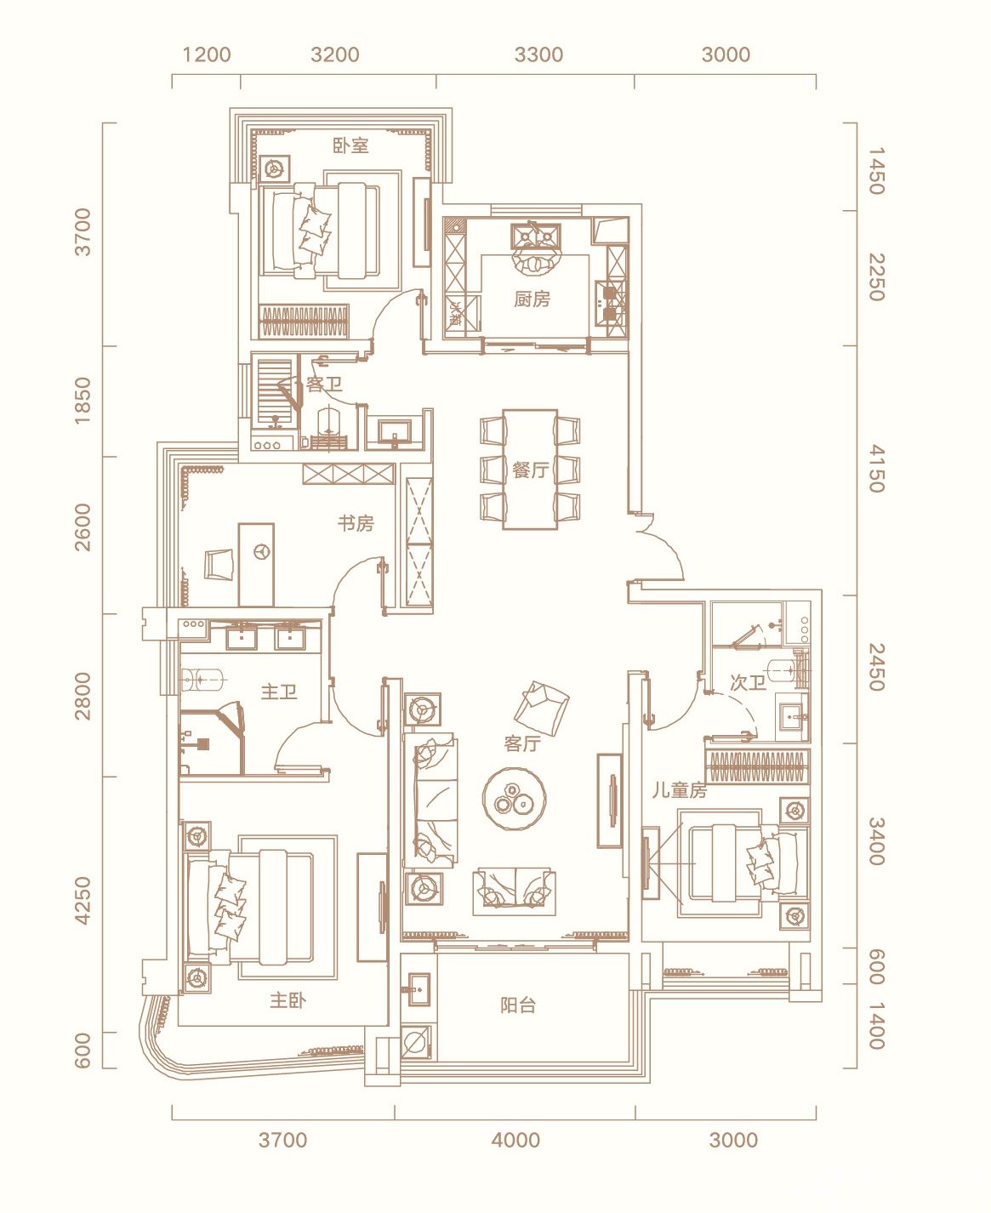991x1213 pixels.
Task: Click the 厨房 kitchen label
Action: click(x=532, y=299)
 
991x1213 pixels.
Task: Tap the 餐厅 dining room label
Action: click(x=530, y=470)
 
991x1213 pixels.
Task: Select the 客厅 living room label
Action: click(x=522, y=743)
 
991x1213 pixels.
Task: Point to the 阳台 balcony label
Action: click(x=518, y=1005)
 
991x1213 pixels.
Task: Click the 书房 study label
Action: click(x=356, y=523)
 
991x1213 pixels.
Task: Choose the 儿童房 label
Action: click(x=680, y=791)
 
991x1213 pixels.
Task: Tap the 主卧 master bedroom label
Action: click(x=288, y=1000)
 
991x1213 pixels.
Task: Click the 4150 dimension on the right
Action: click(x=875, y=469)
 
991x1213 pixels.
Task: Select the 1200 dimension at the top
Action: click(x=207, y=54)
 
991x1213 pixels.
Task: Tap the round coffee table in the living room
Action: click(x=514, y=799)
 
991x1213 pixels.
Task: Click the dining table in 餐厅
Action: click(x=530, y=469)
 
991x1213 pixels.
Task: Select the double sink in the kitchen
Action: click(x=535, y=236)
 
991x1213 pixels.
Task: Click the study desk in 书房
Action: click(x=257, y=565)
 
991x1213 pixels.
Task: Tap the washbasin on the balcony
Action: click(x=419, y=990)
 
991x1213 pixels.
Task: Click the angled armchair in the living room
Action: click(x=541, y=708)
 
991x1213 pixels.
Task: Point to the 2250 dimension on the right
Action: click(x=875, y=277)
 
